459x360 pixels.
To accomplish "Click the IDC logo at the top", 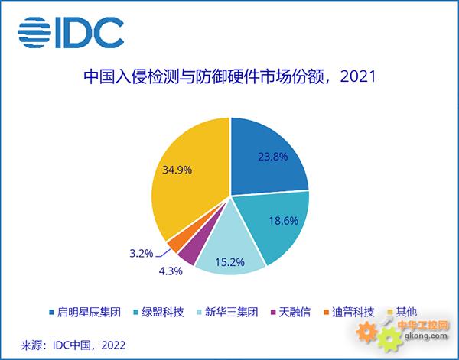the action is [x=70, y=32].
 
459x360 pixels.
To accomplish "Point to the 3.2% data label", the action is [x=142, y=253].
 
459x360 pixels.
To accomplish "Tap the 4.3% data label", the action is [x=171, y=271].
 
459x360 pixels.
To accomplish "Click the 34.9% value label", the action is [x=177, y=170].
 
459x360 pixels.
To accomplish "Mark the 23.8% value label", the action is [x=273, y=157].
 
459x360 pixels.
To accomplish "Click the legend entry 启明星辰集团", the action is [x=85, y=313].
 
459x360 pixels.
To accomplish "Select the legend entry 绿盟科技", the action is [x=158, y=313].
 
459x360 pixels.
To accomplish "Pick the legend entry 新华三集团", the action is [x=228, y=313].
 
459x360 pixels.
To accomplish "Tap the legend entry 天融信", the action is [x=291, y=313].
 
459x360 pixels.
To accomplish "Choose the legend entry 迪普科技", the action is [x=349, y=313].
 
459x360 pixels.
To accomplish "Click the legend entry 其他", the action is [x=402, y=313].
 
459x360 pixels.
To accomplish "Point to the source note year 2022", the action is [x=113, y=345].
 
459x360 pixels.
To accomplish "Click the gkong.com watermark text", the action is [x=426, y=336].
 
